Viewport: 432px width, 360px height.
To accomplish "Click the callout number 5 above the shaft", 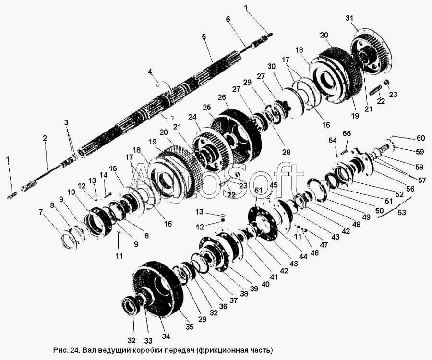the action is pyautogui.click(x=204, y=36).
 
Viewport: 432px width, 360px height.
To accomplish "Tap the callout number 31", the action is pyautogui.click(x=349, y=18).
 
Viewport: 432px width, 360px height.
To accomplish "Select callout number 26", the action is pyautogui.click(x=222, y=97).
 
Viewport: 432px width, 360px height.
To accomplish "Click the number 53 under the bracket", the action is pyautogui.click(x=402, y=212).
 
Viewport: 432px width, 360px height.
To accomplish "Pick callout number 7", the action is pyautogui.click(x=41, y=212).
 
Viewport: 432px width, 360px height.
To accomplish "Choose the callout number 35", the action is pyautogui.click(x=190, y=327).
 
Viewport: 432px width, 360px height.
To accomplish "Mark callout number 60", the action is pyautogui.click(x=420, y=138).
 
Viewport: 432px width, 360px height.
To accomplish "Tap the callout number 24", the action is pyautogui.click(x=192, y=117).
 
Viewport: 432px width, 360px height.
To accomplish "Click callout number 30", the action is pyautogui.click(x=271, y=66).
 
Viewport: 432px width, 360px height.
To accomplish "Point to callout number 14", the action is pyautogui.click(x=103, y=175).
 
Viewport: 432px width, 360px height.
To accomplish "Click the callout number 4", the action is pyautogui.click(x=150, y=72).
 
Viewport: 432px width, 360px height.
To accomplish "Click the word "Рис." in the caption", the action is pyautogui.click(x=60, y=350).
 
